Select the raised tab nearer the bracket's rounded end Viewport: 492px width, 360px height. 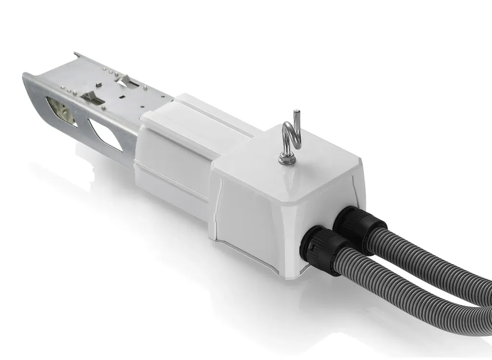91,96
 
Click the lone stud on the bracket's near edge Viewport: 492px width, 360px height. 104,108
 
